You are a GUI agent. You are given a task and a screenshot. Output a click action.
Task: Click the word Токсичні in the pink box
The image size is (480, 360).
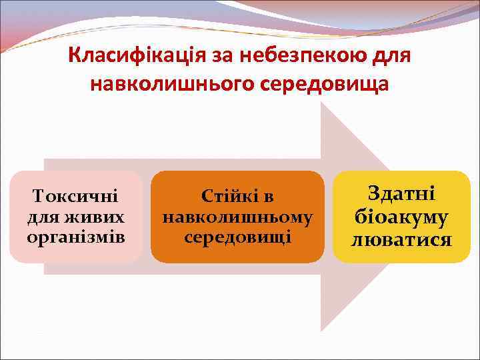coord(75,197)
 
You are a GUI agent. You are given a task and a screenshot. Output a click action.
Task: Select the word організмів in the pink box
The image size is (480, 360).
coord(75,237)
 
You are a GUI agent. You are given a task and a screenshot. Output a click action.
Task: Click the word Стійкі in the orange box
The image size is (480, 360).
coord(227,197)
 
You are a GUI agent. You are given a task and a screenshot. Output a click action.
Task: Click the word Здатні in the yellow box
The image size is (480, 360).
coord(401,194)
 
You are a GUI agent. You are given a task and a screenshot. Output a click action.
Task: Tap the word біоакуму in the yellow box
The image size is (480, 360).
coord(401,217)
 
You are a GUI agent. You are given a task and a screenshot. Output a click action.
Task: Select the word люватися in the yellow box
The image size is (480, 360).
coord(401,239)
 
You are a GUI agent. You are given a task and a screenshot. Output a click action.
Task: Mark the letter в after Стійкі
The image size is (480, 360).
coord(268,197)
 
